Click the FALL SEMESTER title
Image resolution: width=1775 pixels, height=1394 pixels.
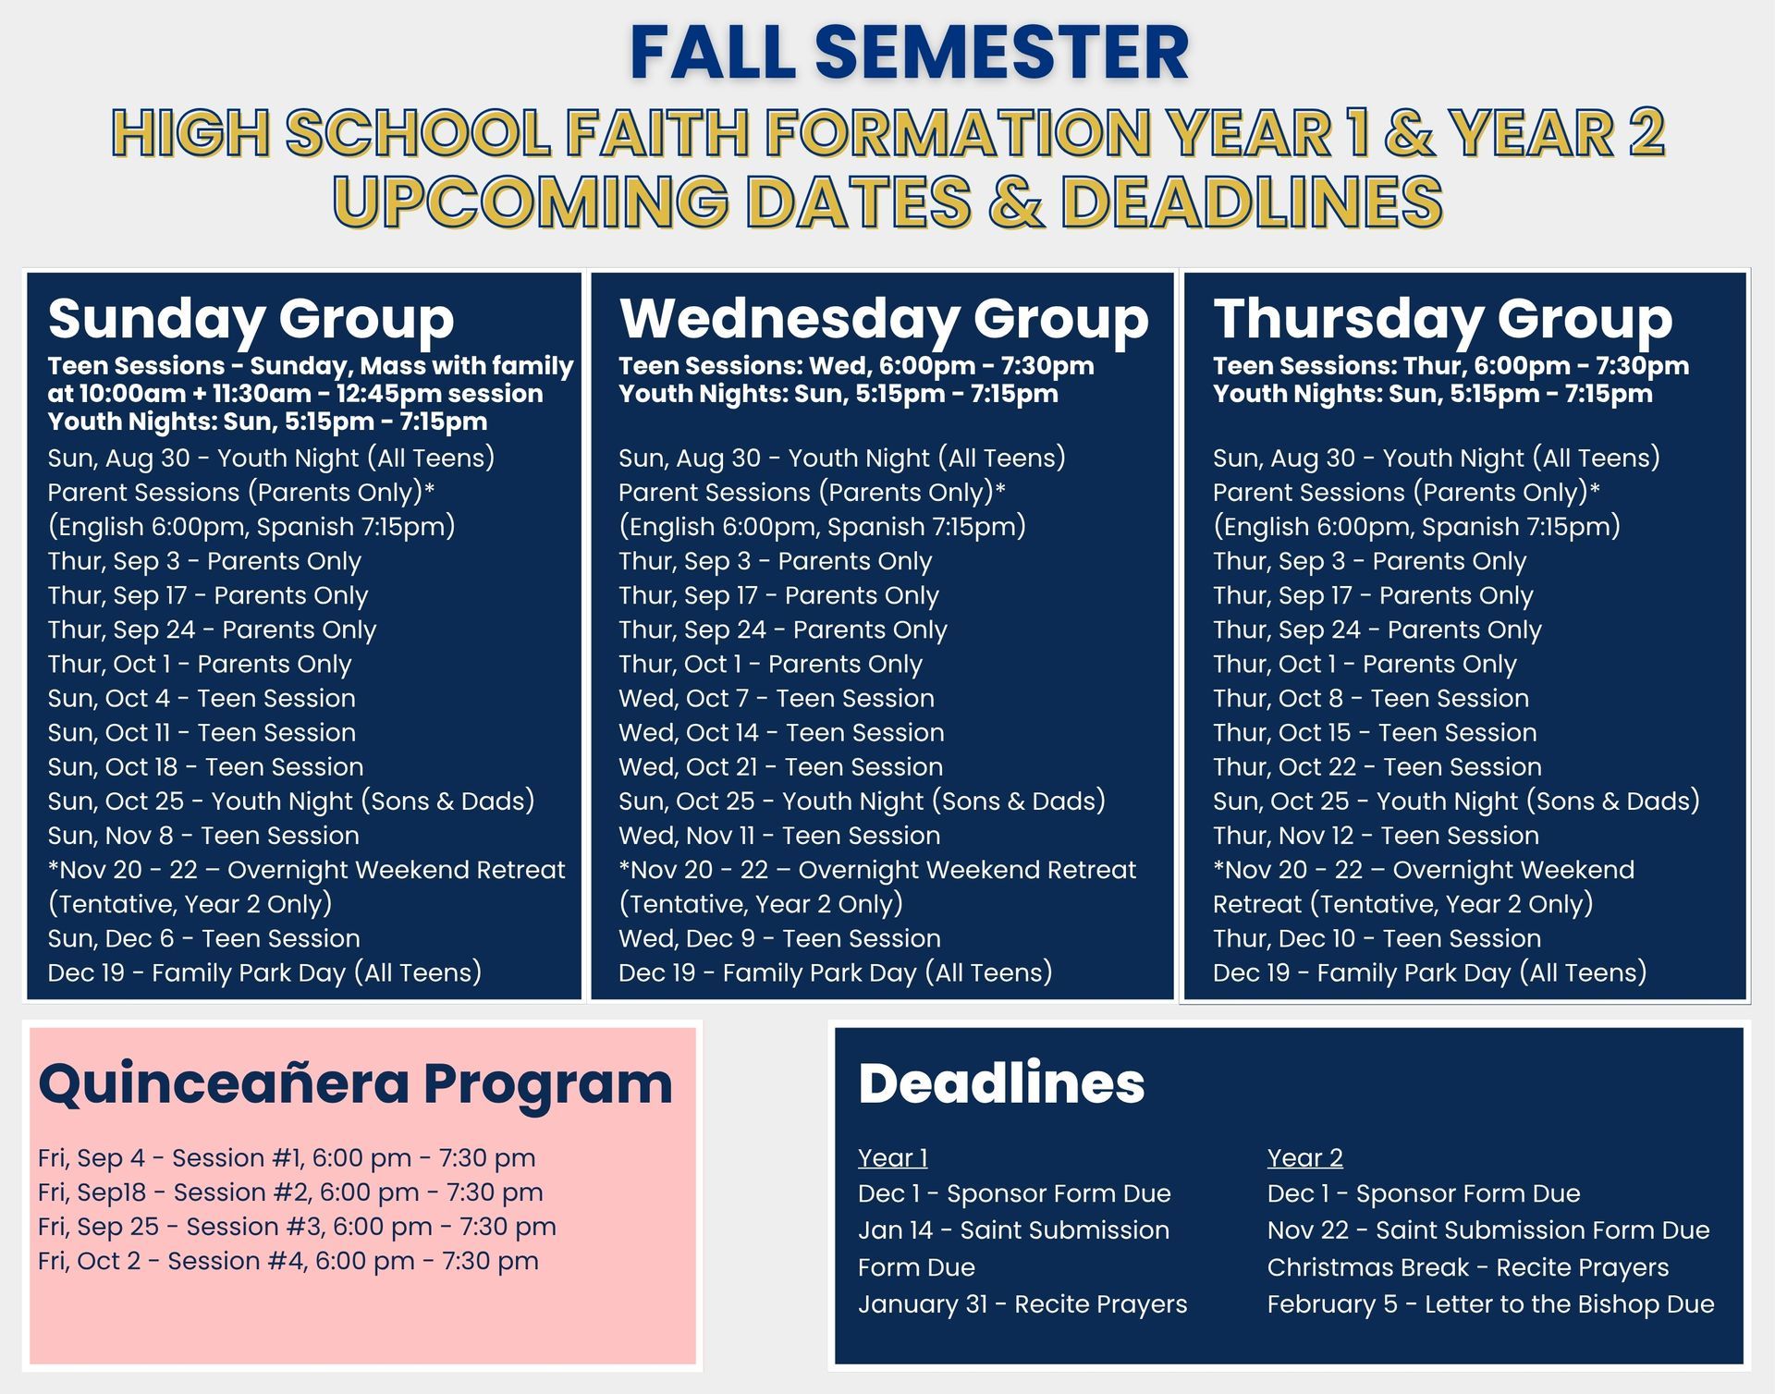pos(909,53)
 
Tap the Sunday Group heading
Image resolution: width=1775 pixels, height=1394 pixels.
pos(251,319)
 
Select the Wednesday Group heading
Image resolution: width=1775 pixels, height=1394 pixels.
pos(884,319)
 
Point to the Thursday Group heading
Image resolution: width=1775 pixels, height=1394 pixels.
pos(1442,319)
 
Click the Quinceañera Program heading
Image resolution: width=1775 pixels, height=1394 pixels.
pos(355,1083)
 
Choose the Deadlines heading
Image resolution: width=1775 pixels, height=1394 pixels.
pos(1001,1083)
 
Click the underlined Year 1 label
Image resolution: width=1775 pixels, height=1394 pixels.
pos(892,1157)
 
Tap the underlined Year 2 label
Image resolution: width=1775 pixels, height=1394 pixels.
pos(1304,1157)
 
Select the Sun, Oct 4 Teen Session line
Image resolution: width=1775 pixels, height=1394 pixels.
pos(202,698)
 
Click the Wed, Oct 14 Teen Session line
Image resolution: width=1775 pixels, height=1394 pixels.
pos(781,732)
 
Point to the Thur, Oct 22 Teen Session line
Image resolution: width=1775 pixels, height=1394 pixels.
pos(1377,766)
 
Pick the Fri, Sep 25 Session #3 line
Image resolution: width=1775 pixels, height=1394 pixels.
pos(297,1227)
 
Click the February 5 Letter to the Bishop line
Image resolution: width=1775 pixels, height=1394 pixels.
pos(1490,1304)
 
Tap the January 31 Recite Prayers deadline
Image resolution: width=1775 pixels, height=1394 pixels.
pos(1022,1304)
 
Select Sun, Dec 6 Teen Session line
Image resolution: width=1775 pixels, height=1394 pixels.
pos(204,938)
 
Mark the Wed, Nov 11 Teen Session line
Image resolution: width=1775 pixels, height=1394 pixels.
pos(779,836)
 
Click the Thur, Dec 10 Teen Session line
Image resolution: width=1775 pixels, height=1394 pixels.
pos(1377,938)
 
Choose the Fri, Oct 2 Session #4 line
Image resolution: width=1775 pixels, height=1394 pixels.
pos(288,1261)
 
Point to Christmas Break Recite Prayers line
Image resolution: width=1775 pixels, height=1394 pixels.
pos(1468,1267)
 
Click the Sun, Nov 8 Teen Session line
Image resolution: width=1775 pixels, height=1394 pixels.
pos(203,836)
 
